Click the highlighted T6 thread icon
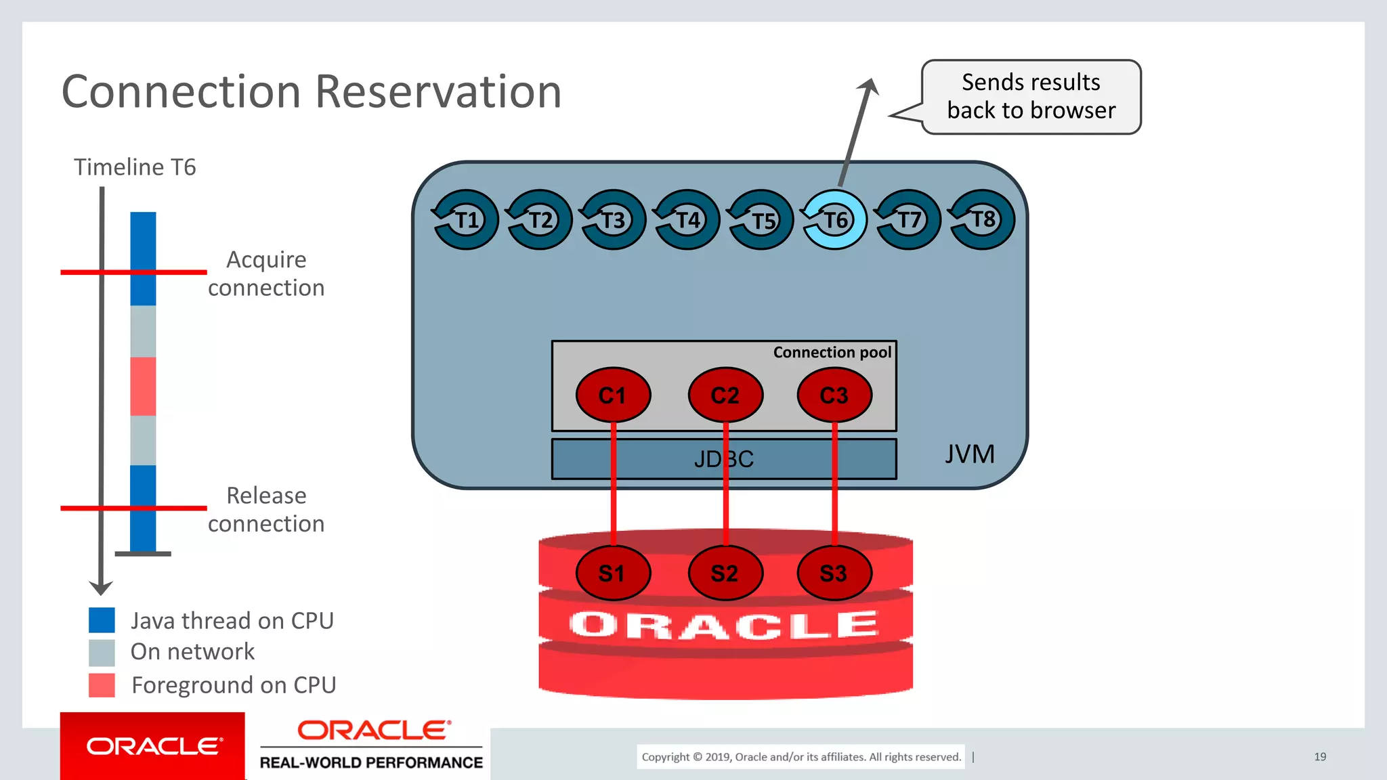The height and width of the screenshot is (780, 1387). tap(834, 220)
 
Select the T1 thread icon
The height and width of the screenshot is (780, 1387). tap(466, 220)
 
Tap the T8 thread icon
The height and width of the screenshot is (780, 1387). tap(982, 220)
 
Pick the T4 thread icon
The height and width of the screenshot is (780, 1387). tap(687, 220)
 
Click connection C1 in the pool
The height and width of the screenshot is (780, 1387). tap(613, 395)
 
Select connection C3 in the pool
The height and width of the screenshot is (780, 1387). tap(834, 395)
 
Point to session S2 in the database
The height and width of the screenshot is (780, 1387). tap(725, 573)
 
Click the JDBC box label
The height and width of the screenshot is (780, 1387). tap(723, 459)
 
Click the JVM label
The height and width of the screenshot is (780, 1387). tap(969, 454)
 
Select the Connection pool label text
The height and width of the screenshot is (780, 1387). tap(832, 352)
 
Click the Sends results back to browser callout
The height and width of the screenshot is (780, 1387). tap(1031, 96)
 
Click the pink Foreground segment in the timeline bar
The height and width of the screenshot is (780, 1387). tap(143, 386)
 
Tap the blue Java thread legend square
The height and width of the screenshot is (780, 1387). tap(102, 620)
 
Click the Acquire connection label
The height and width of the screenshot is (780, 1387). tap(266, 274)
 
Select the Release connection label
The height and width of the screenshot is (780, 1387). tap(266, 509)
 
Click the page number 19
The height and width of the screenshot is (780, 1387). tap(1319, 756)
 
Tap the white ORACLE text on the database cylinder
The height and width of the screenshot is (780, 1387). tap(723, 624)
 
